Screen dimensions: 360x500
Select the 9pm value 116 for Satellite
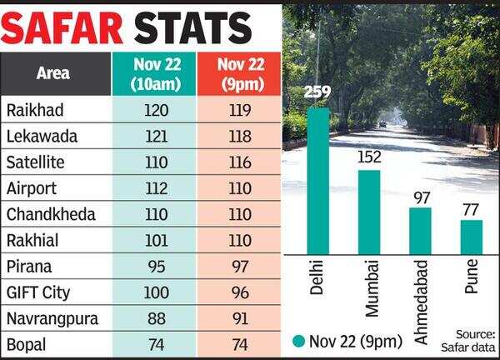237,162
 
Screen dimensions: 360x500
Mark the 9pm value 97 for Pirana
237,266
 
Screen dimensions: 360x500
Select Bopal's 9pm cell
237,343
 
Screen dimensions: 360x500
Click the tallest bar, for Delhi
317,180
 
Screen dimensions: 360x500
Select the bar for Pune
472,237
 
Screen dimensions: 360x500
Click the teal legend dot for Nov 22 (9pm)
299,340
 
